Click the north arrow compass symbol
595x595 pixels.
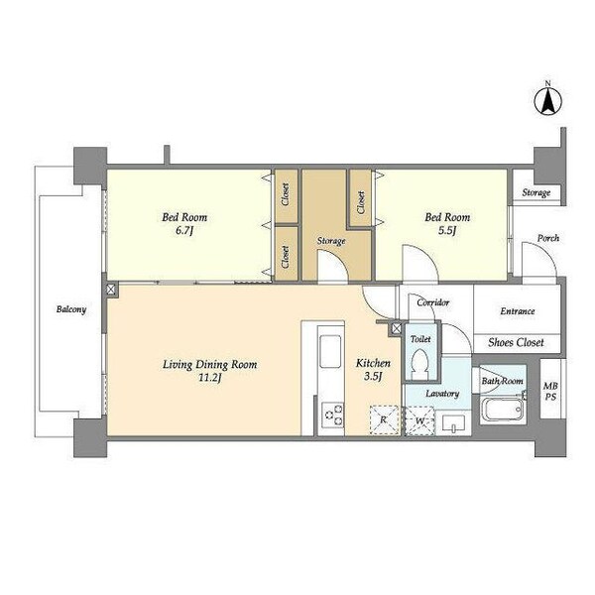(x=548, y=100)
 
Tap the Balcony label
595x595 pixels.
(x=71, y=309)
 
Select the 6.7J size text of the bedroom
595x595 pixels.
(x=184, y=230)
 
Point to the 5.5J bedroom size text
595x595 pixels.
(x=447, y=230)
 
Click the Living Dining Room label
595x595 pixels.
(x=210, y=365)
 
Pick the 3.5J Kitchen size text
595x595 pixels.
(x=373, y=377)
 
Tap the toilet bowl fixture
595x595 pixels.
(x=420, y=364)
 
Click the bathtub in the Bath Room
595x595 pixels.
(x=502, y=409)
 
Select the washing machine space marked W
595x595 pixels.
(x=419, y=420)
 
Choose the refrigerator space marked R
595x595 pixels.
(x=384, y=420)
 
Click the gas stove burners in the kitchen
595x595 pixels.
(x=333, y=415)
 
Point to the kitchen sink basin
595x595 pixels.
(x=330, y=351)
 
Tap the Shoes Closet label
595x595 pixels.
(x=516, y=343)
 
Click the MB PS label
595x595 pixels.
(x=550, y=392)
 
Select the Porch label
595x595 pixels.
(x=548, y=238)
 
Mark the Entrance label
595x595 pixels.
(x=518, y=311)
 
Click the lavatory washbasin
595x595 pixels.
(x=453, y=422)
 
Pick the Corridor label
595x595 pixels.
(x=433, y=302)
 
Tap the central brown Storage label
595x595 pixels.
(x=331, y=241)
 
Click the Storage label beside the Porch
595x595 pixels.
(x=536, y=192)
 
